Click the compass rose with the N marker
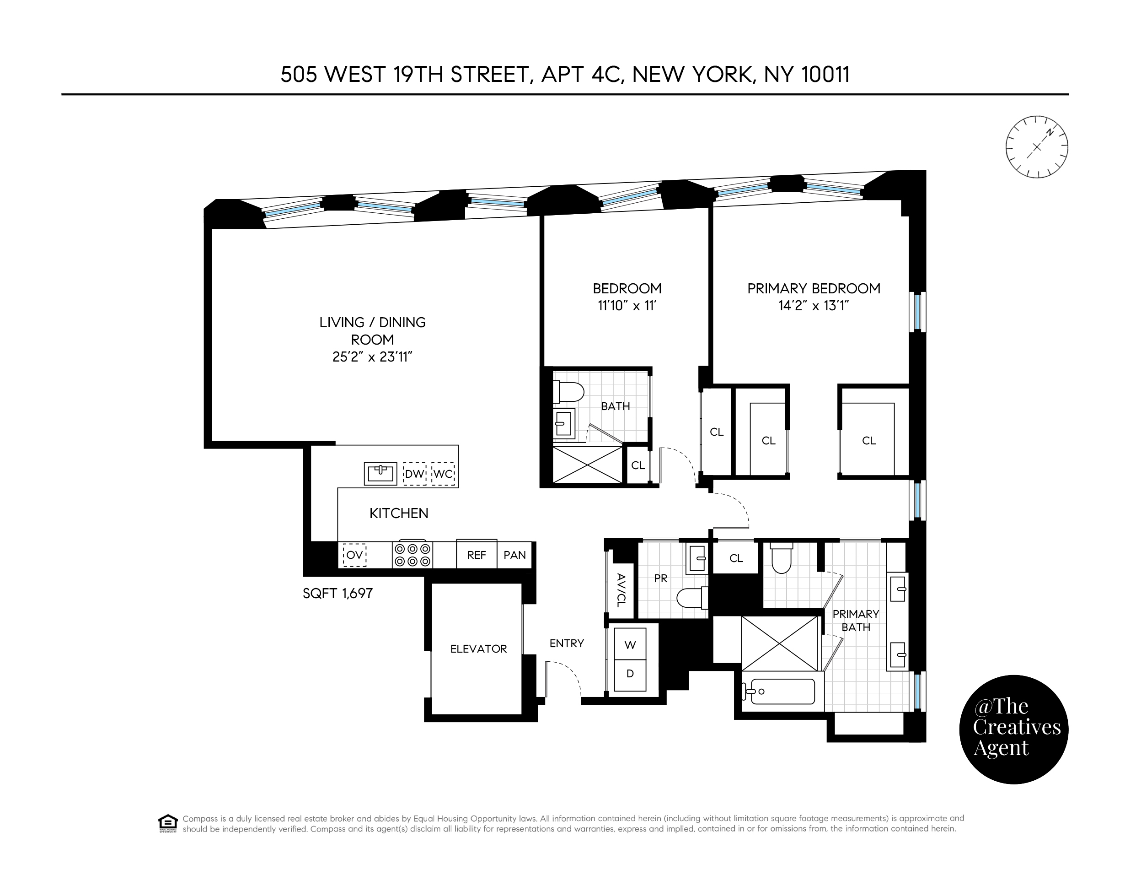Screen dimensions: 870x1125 [x=1036, y=147]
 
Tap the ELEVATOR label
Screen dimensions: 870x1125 [x=478, y=649]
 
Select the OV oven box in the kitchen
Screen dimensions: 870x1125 [x=354, y=555]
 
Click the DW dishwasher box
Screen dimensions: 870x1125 [x=415, y=474]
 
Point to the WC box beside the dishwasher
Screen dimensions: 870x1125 [x=443, y=474]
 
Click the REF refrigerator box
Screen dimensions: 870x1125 [x=477, y=555]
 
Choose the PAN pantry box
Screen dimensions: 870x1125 [x=514, y=555]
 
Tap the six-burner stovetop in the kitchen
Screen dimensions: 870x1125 [x=412, y=555]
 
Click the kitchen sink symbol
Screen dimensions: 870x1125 [x=380, y=474]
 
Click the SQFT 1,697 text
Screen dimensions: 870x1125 [x=337, y=593]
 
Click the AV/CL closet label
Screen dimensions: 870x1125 [x=621, y=589]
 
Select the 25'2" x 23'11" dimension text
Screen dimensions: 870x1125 [x=372, y=357]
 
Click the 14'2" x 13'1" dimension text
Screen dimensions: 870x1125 [x=814, y=306]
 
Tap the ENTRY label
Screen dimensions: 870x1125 [x=567, y=643]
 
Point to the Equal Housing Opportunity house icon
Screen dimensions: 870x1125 [x=168, y=824]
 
